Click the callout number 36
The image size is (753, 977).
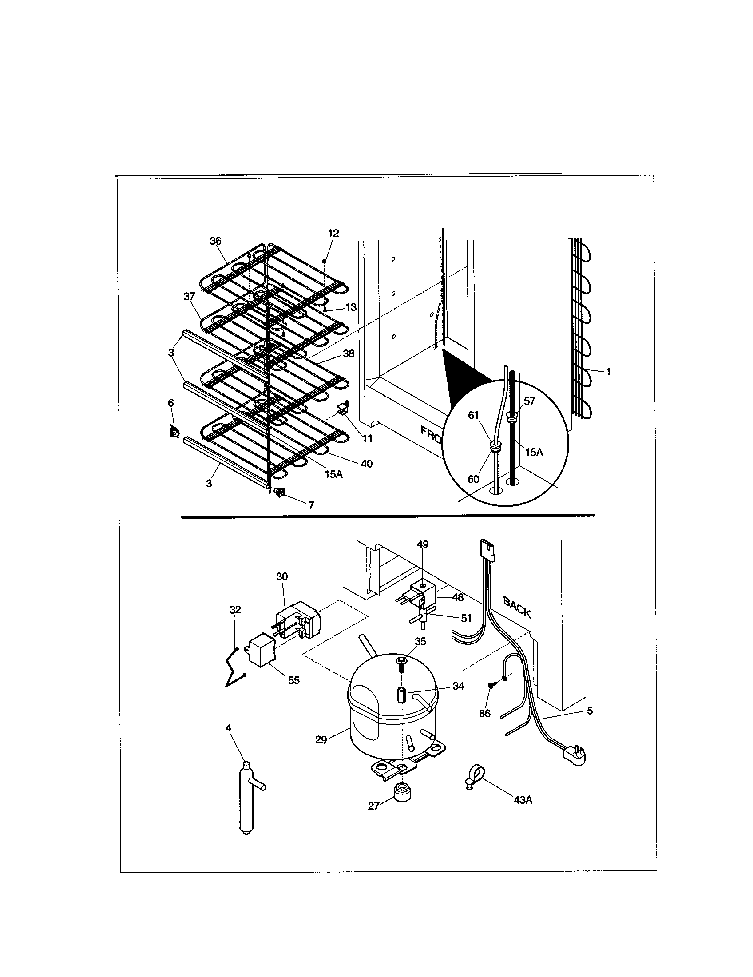215,241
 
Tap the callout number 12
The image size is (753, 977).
333,233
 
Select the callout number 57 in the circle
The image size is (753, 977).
529,401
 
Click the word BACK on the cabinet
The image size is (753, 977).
517,608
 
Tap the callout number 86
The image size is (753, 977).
485,713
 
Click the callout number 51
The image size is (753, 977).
466,618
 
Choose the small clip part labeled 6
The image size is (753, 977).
174,432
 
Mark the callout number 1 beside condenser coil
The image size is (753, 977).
608,371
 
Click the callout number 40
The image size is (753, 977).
366,464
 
